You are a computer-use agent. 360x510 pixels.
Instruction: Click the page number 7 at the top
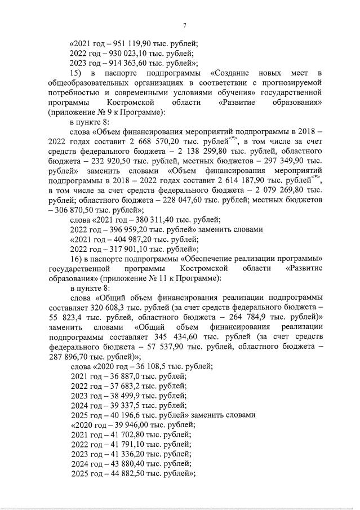pyautogui.click(x=185, y=25)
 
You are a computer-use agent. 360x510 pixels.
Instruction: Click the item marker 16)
pyautogui.click(x=76, y=258)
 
